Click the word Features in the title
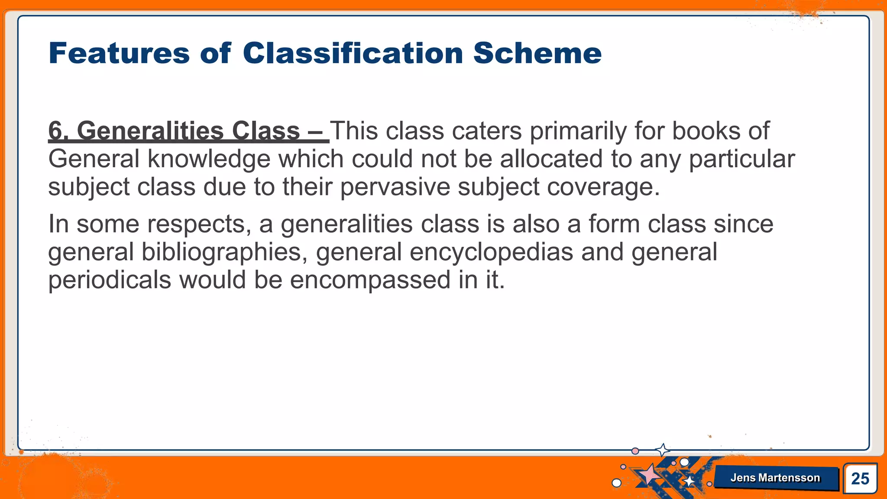119,53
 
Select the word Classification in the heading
353,53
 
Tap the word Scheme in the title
537,53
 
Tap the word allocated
551,159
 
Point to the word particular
741,159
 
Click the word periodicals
110,280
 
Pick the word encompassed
370,280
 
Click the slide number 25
860,479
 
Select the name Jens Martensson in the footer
775,478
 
